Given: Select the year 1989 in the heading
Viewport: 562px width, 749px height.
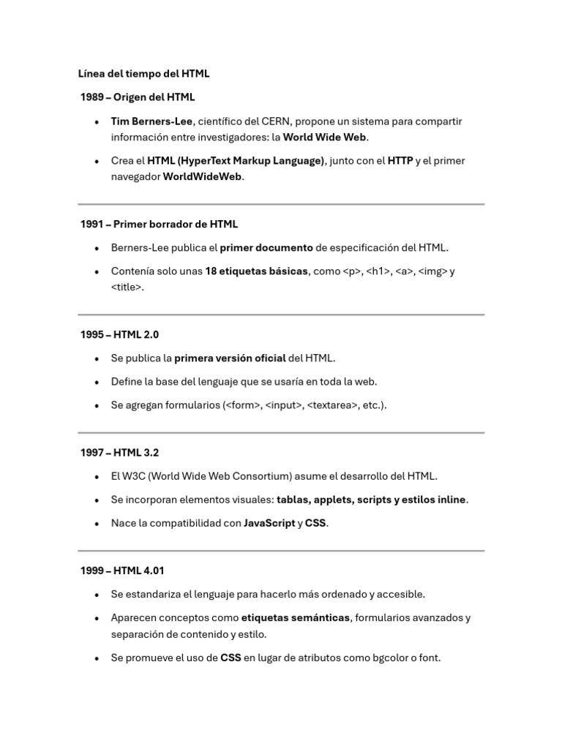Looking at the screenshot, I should coord(93,97).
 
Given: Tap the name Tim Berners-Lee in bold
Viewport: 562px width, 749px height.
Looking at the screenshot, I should coord(151,121).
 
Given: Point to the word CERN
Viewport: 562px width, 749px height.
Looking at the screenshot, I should coord(276,121).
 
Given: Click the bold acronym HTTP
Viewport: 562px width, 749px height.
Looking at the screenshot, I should coord(400,160).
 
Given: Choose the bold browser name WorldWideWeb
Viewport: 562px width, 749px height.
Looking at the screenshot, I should coord(202,176).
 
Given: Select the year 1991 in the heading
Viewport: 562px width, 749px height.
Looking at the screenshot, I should coord(92,224).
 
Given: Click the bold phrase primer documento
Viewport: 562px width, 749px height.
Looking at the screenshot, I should coord(266,247).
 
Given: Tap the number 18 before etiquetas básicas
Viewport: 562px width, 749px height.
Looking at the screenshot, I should coord(211,271).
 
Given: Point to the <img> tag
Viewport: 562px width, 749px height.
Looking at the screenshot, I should coord(432,271).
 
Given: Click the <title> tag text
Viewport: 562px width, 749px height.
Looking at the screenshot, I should coord(127,287).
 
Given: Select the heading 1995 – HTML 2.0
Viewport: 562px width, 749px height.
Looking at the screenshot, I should coord(119,334).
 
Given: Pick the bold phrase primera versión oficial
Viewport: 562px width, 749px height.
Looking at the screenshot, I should coord(230,358).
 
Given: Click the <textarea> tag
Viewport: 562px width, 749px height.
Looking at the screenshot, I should coord(332,404).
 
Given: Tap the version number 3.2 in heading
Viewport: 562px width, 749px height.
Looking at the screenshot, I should coord(150,453).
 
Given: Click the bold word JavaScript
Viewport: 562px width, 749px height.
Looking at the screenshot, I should coord(269,523).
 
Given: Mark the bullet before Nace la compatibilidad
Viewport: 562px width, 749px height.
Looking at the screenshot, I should coord(97,524).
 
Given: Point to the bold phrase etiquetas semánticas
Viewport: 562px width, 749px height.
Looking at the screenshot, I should coord(296,617).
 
